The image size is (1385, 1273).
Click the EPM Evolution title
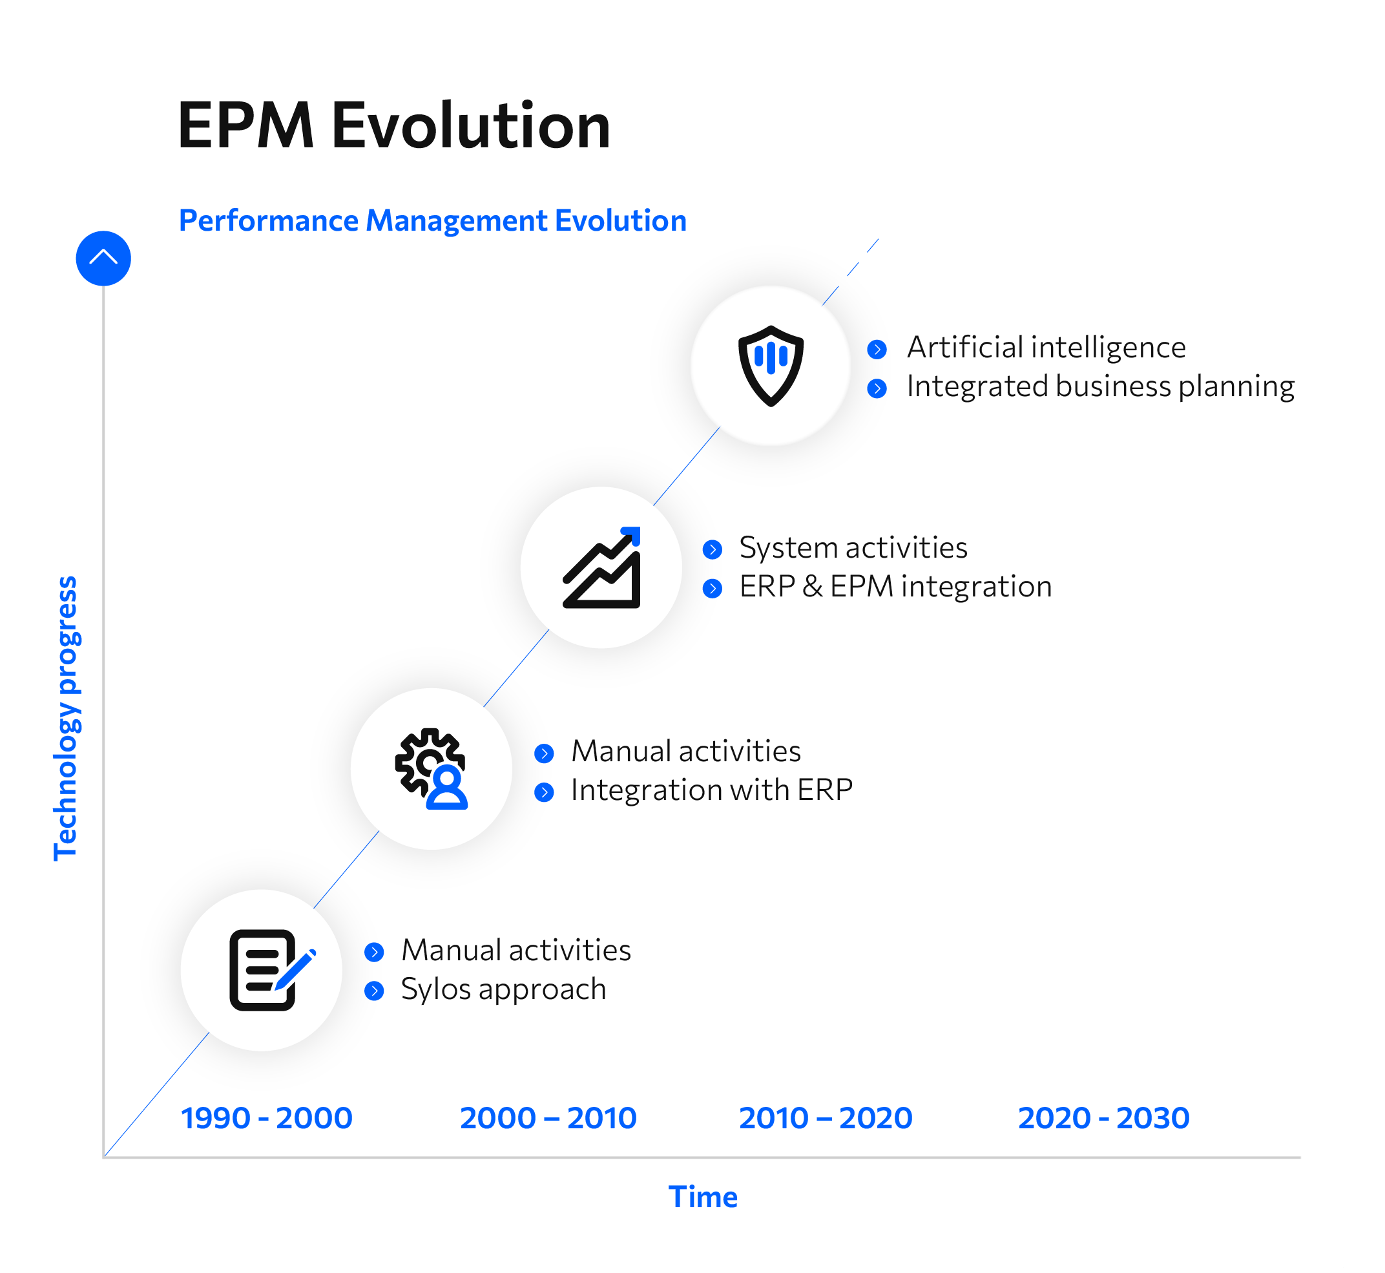[x=394, y=125]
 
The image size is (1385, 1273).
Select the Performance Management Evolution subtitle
[x=433, y=221]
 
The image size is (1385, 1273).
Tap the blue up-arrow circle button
[x=103, y=258]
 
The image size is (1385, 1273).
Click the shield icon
[x=771, y=366]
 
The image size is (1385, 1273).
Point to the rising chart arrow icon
[x=602, y=567]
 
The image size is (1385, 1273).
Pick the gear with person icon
[x=432, y=769]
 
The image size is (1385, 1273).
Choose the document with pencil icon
[x=272, y=970]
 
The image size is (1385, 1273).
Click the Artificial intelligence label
[x=1046, y=347]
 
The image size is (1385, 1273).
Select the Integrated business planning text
[x=1101, y=386]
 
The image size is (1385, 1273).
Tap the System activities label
[x=853, y=547]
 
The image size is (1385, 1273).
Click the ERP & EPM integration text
[x=895, y=586]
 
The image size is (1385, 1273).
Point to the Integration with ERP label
[x=712, y=790]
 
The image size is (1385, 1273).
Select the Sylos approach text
[x=503, y=989]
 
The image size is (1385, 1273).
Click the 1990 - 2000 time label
[x=267, y=1118]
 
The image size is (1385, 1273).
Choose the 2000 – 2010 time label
[x=548, y=1118]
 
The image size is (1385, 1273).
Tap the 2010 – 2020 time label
[x=826, y=1118]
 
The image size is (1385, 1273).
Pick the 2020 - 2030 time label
[x=1104, y=1118]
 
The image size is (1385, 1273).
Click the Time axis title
[x=703, y=1197]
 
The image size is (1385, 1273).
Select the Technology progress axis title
[x=67, y=719]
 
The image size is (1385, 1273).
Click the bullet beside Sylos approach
[x=374, y=991]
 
